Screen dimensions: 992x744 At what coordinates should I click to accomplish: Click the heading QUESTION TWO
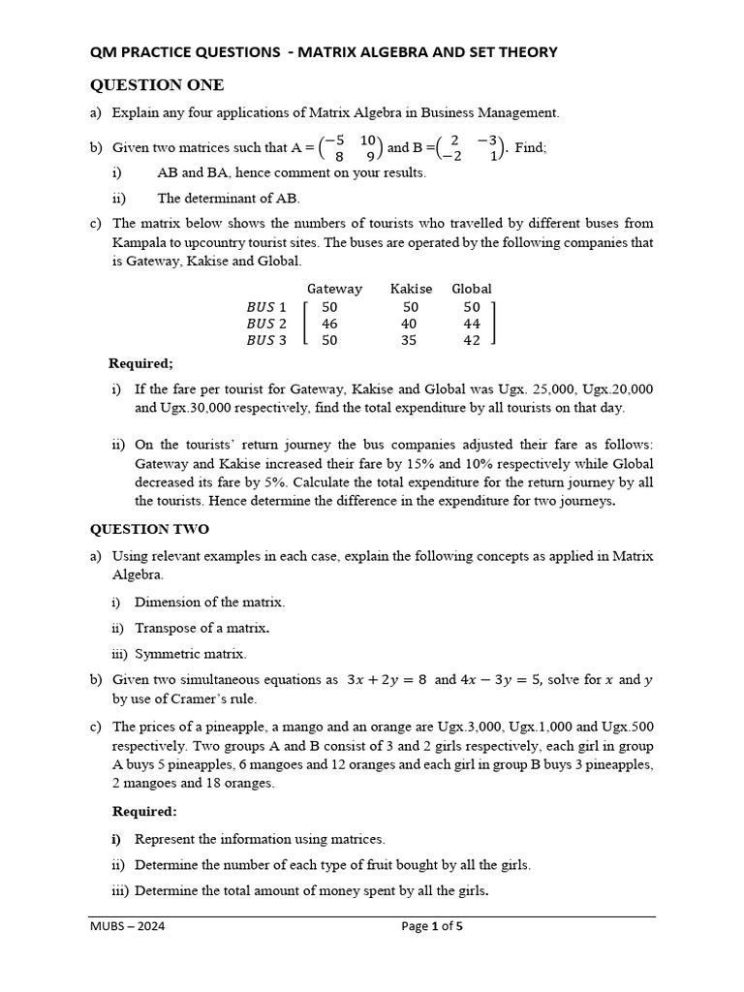[149, 529]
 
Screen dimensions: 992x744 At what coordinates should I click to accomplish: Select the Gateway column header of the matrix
[334, 289]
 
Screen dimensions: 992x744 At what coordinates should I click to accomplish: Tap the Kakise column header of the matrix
[411, 289]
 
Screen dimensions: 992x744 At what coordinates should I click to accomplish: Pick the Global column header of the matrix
[472, 289]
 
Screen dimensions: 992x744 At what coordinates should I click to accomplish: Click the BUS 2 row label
[266, 324]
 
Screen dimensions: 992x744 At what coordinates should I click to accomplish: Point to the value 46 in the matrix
[329, 324]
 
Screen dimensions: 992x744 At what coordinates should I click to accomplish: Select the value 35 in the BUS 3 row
[410, 341]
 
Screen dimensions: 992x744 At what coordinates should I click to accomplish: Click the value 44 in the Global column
[472, 324]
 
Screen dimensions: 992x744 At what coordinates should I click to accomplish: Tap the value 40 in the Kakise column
[410, 324]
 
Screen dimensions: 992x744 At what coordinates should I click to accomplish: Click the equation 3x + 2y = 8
[387, 680]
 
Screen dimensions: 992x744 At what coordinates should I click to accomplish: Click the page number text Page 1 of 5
[432, 927]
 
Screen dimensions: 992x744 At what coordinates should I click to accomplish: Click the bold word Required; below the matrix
[141, 363]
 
